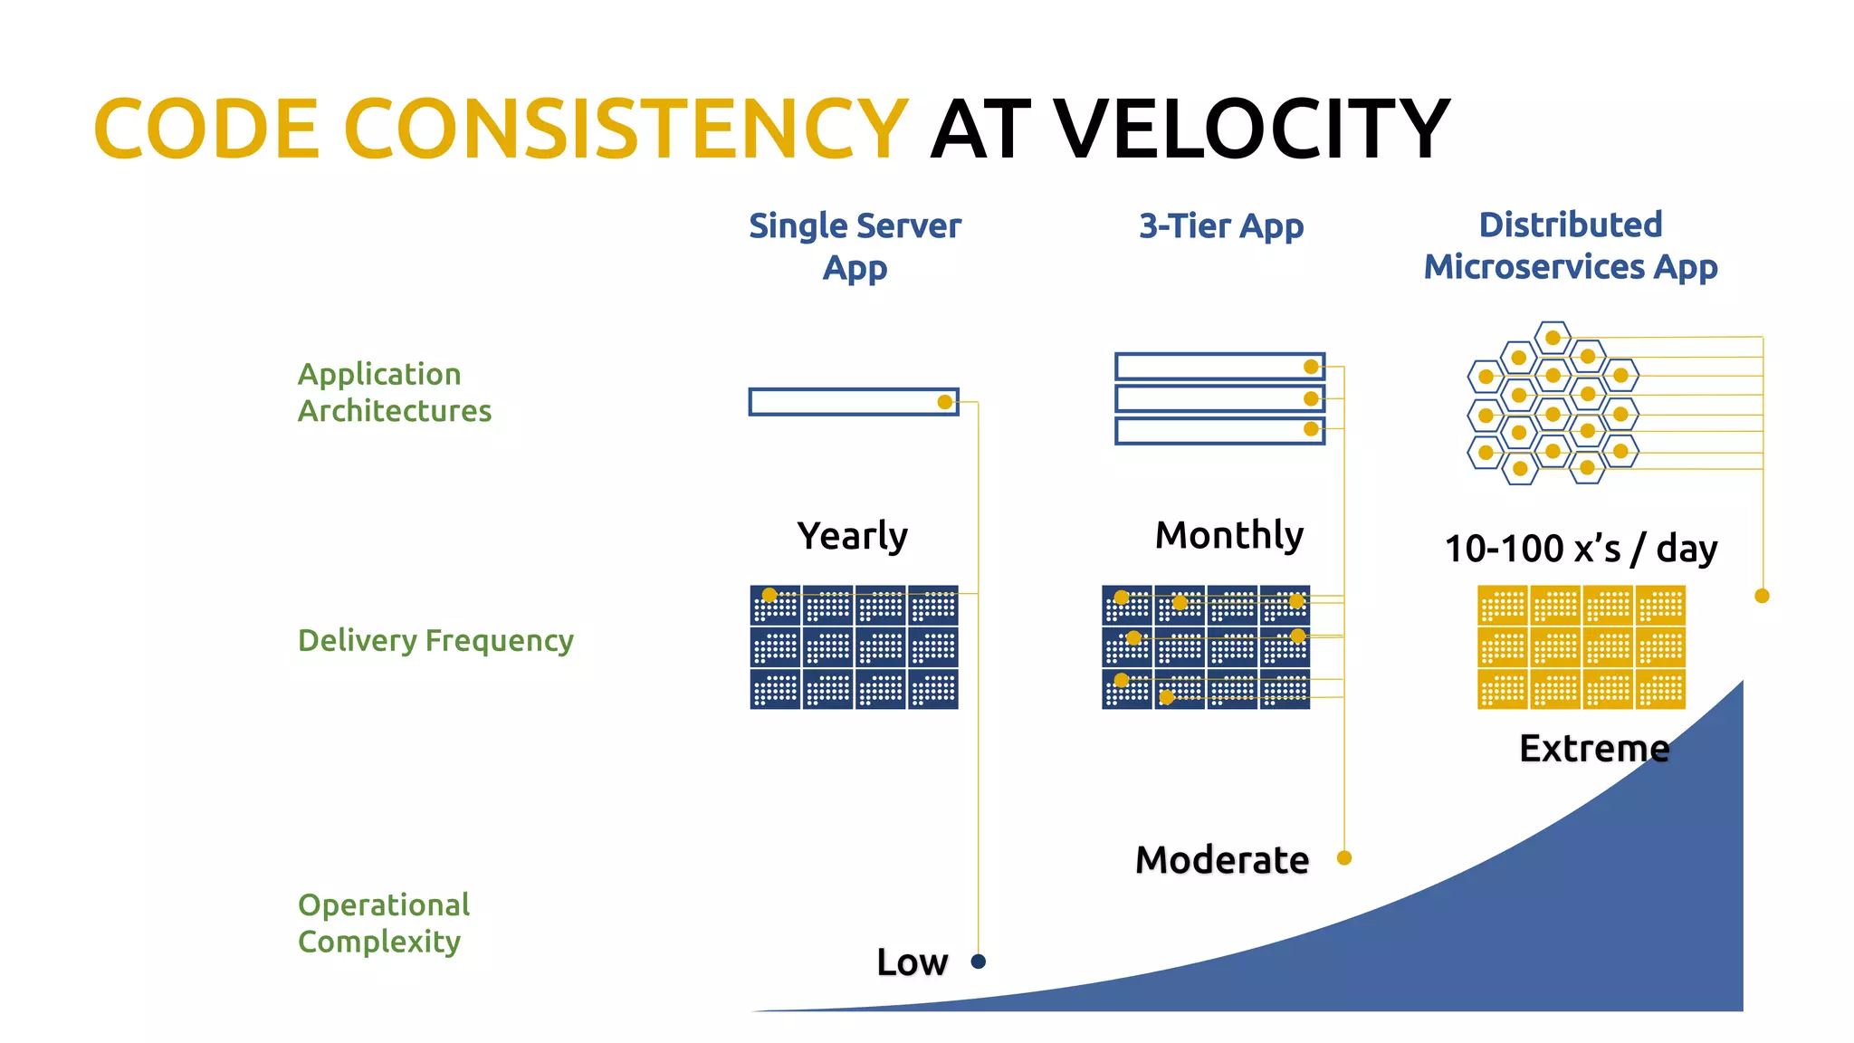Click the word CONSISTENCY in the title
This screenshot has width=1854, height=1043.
[625, 129]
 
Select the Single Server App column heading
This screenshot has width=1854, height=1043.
[855, 245]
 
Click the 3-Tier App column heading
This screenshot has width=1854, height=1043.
[1220, 225]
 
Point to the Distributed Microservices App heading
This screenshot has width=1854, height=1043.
[1570, 245]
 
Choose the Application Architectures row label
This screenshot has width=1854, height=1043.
[394, 392]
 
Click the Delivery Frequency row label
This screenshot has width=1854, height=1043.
[435, 640]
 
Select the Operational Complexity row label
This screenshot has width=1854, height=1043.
[384, 923]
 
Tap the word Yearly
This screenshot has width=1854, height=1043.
[852, 536]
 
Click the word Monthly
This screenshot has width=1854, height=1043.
[1228, 535]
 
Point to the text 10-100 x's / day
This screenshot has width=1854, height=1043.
[1580, 549]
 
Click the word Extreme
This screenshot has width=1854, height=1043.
[1593, 749]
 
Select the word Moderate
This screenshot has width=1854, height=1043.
[1221, 859]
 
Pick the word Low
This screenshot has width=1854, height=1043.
[912, 962]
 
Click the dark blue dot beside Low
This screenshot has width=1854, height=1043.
[978, 962]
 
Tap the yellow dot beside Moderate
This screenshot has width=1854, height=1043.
[1344, 857]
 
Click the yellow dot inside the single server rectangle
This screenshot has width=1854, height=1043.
[945, 402]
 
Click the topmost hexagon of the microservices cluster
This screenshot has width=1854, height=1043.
[1553, 337]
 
